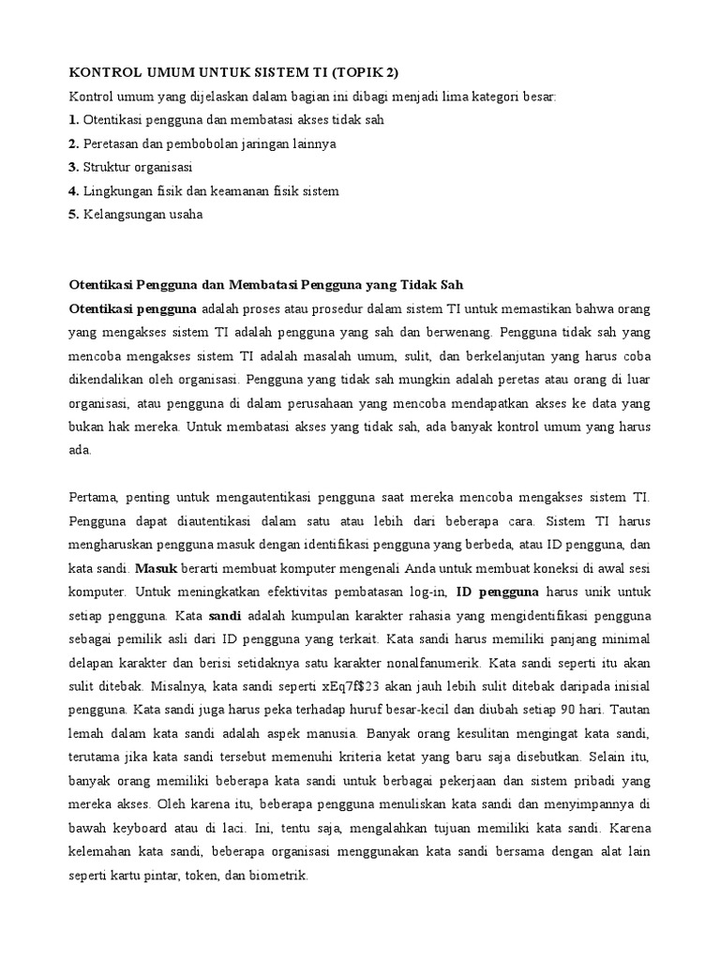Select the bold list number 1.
pyautogui.click(x=73, y=120)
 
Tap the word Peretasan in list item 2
pyautogui.click(x=112, y=143)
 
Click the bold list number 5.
pyautogui.click(x=73, y=214)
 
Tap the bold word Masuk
pyautogui.click(x=156, y=568)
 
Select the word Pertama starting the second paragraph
pyautogui.click(x=96, y=497)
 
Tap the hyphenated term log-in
pyautogui.click(x=426, y=592)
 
